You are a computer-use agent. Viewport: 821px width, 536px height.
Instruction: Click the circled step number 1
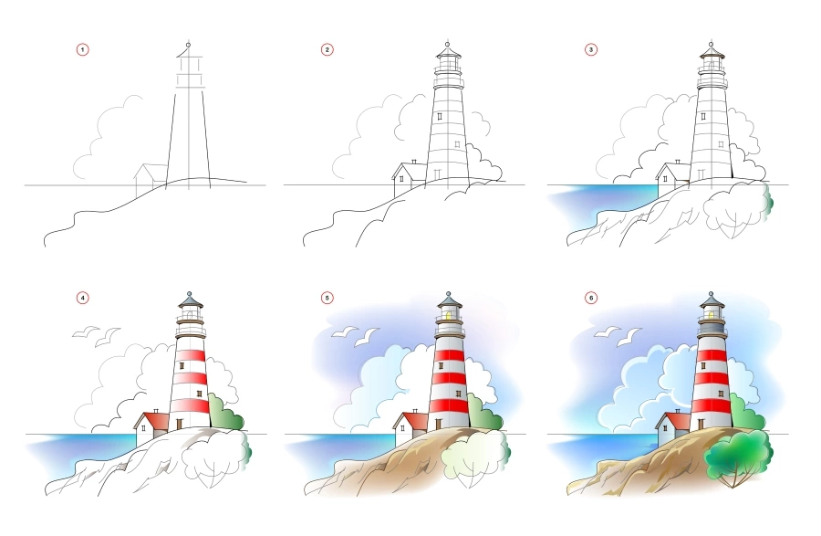(x=83, y=49)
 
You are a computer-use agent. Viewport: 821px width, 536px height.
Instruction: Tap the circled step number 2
(x=327, y=49)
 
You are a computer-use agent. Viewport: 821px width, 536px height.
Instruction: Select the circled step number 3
(x=590, y=49)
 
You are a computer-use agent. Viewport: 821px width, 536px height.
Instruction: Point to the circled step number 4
(x=83, y=297)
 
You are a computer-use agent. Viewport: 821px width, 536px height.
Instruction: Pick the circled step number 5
(x=327, y=297)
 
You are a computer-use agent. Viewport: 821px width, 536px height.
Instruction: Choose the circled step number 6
(x=590, y=297)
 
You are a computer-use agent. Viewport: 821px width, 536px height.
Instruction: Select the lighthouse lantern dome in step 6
(x=712, y=300)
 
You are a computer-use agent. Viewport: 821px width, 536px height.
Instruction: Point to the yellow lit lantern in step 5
(x=448, y=315)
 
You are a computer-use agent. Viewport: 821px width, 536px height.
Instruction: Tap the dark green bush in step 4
(x=225, y=415)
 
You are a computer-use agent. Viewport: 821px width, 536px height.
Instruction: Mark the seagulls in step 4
(x=95, y=335)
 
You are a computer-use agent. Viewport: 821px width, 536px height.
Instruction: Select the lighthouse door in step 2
(x=438, y=173)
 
